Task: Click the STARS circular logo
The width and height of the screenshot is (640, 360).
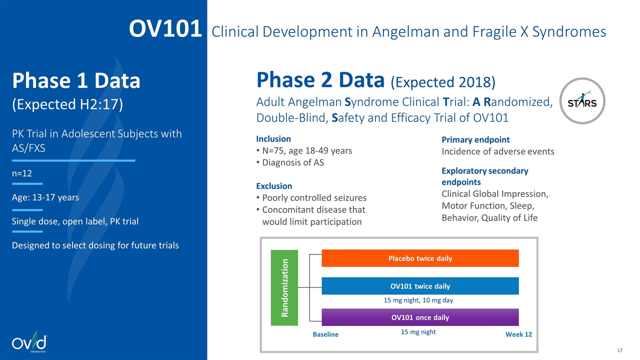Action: (582, 100)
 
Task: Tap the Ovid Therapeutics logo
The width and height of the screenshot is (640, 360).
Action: (30, 343)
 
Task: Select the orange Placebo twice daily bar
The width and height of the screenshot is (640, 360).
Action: (420, 258)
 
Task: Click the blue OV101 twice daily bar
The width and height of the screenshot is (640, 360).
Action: (420, 286)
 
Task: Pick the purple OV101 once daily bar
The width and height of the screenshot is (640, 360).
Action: (420, 317)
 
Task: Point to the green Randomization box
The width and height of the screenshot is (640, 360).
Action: (284, 287)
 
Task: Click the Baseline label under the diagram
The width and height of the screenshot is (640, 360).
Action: (325, 334)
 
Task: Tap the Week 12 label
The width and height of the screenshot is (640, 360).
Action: (519, 334)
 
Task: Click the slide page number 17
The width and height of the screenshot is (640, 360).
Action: (620, 349)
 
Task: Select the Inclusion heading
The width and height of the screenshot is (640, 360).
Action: (273, 139)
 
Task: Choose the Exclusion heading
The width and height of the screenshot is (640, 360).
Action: (274, 186)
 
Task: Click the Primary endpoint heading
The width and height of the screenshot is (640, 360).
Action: (475, 140)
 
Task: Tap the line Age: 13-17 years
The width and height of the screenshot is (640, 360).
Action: (45, 197)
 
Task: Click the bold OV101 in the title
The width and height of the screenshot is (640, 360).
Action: (165, 30)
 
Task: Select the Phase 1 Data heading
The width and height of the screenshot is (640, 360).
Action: (76, 81)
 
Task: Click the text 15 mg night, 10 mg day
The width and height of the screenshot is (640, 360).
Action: (418, 300)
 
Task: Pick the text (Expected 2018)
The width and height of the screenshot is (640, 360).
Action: (442, 82)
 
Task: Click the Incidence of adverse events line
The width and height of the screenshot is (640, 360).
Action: (498, 151)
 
